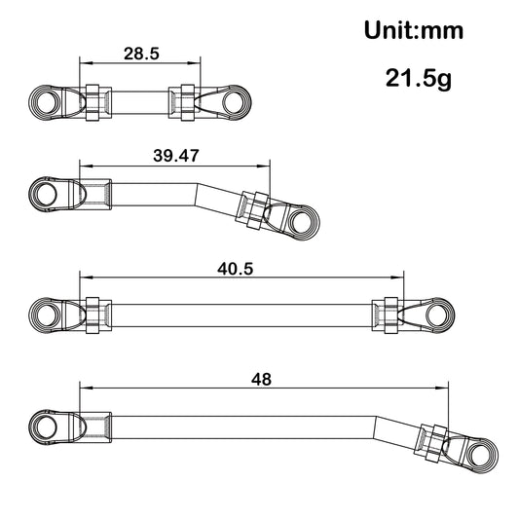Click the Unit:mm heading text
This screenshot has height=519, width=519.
pyautogui.click(x=413, y=29)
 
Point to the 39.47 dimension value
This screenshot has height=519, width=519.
pyautogui.click(x=171, y=155)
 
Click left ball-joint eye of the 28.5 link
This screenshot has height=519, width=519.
pyautogui.click(x=44, y=101)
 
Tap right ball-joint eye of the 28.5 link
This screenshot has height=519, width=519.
pyautogui.click(x=237, y=101)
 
